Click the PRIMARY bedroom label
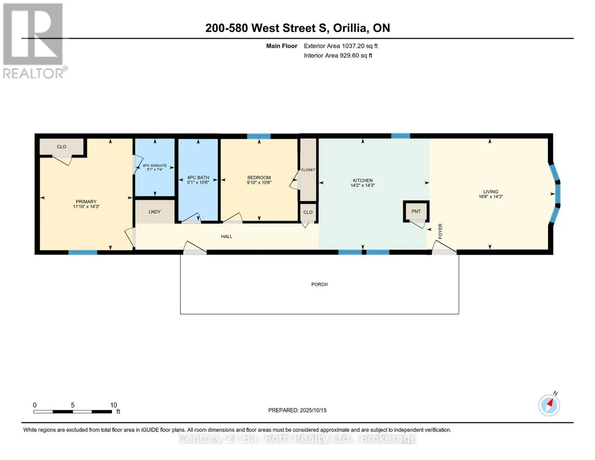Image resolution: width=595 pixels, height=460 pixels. (x=86, y=201)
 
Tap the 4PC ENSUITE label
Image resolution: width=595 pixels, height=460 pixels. (x=154, y=166)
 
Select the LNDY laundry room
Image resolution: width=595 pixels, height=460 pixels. (x=155, y=212)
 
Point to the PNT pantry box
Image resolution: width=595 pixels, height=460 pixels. (x=416, y=211)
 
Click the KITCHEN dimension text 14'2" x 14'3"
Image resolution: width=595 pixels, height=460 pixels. (x=362, y=186)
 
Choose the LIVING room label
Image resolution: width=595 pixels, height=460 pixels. (x=491, y=192)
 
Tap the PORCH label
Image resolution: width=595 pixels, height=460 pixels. (x=319, y=284)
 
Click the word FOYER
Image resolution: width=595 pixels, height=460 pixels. (x=440, y=231)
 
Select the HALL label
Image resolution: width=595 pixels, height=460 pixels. (x=227, y=237)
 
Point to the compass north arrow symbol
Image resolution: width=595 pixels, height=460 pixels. (x=549, y=406)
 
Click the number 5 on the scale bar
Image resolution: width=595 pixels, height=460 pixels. (x=72, y=405)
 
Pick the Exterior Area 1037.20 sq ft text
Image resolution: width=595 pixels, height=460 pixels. (x=341, y=46)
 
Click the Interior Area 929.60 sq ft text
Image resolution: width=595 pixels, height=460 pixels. (x=338, y=56)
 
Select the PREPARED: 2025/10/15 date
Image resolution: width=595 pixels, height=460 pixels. (x=297, y=410)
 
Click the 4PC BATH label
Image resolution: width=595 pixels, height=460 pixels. (x=198, y=177)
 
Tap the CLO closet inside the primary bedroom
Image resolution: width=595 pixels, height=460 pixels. (x=62, y=146)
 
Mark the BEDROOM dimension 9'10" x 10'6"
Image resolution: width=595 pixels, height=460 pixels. (x=259, y=182)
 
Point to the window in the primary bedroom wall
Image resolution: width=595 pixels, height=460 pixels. (x=83, y=252)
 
